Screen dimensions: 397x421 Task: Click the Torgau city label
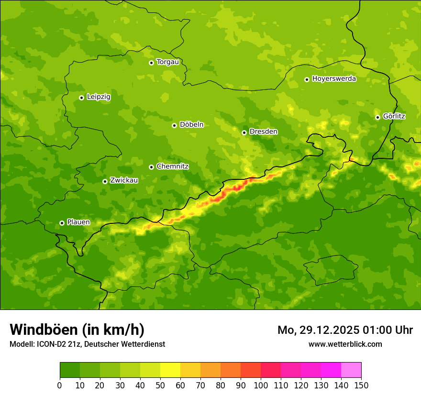tap(167, 62)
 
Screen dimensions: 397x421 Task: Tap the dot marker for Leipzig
tap(81, 98)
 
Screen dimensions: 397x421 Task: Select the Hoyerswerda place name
tap(334, 79)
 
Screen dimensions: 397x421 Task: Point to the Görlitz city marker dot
tap(377, 117)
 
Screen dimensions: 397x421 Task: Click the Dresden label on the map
tap(263, 132)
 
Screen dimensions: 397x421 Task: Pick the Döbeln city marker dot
tap(174, 125)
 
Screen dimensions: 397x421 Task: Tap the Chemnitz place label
tap(172, 167)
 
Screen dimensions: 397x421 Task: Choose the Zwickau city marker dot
tap(105, 181)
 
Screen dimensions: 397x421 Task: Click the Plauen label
tap(78, 222)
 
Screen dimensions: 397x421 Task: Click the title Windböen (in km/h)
tap(77, 330)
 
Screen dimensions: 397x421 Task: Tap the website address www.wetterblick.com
tap(345, 344)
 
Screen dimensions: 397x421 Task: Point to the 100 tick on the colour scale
tap(261, 385)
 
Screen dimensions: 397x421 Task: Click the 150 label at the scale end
tap(361, 385)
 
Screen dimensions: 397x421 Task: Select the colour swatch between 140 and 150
tap(351, 370)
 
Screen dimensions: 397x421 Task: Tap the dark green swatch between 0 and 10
tap(70, 370)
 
